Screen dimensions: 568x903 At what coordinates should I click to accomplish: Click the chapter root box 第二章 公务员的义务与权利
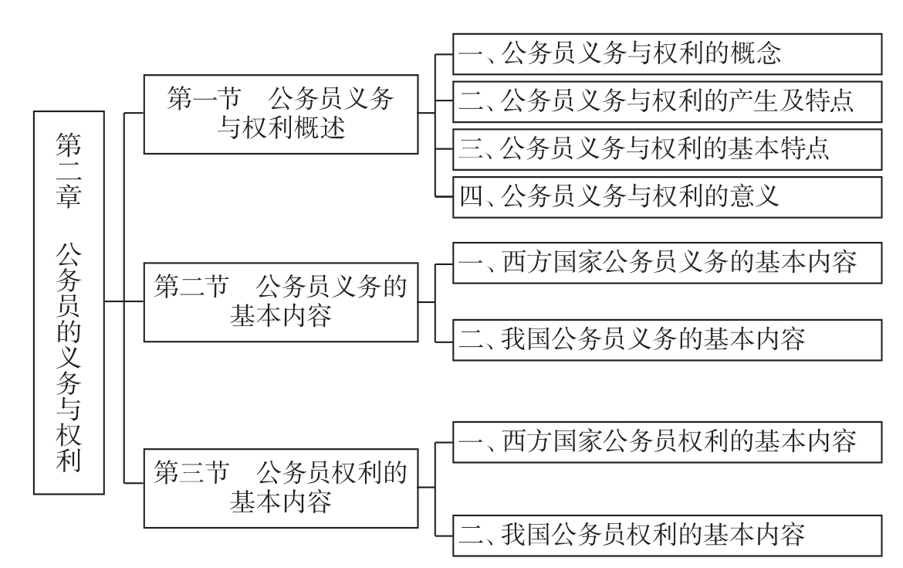(69, 301)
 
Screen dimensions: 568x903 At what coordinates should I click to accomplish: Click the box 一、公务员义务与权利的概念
(667, 54)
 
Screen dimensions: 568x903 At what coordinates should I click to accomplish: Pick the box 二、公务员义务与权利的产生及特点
(667, 101)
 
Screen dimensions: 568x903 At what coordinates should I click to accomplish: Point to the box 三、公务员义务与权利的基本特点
(667, 149)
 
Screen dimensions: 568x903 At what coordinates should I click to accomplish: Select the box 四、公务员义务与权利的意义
(667, 196)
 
